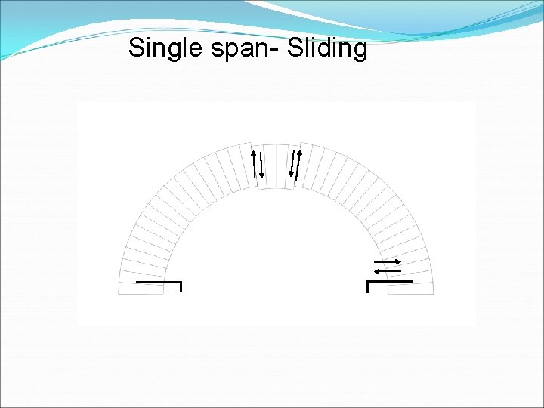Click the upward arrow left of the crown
tap(254, 162)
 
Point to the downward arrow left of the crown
tap(261, 165)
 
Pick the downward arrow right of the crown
tap(291, 165)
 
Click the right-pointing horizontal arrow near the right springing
tap(388, 261)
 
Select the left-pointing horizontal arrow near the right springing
tap(388, 270)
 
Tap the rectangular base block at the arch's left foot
tap(141, 288)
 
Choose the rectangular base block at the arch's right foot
tap(410, 288)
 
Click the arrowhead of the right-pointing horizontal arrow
tap(398, 261)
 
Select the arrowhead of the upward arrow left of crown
tap(253, 150)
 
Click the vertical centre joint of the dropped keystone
tap(276, 166)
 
